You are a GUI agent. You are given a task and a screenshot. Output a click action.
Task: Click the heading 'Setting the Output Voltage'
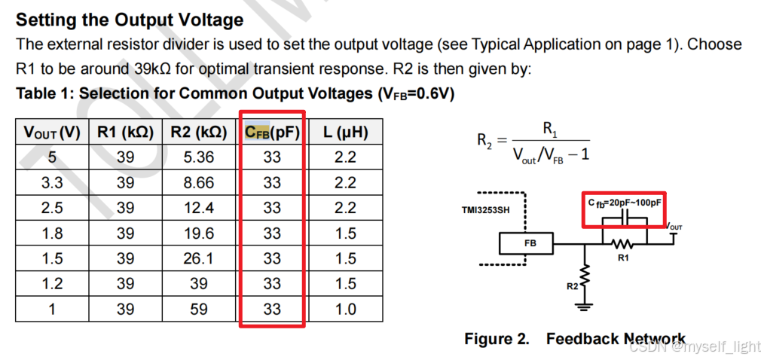click(x=130, y=20)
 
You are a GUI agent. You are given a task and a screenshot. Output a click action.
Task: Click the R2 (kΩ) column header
click(x=199, y=133)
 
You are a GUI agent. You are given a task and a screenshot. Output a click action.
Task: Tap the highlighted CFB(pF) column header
click(x=272, y=133)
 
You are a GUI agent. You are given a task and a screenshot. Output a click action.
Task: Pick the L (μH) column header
click(x=345, y=133)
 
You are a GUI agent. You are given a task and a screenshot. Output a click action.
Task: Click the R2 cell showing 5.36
click(x=199, y=157)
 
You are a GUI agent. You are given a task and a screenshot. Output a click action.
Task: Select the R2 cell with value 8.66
click(x=199, y=183)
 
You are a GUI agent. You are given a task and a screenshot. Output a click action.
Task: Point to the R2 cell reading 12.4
click(x=199, y=208)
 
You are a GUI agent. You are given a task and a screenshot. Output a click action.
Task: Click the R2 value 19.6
click(x=199, y=233)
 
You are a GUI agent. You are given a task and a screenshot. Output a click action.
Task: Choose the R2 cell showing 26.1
click(x=199, y=258)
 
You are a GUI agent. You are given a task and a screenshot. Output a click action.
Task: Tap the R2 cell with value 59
click(x=199, y=309)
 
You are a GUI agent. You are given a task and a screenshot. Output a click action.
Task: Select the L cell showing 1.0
click(x=345, y=309)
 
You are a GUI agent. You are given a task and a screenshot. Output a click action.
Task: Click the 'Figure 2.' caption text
click(x=497, y=339)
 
